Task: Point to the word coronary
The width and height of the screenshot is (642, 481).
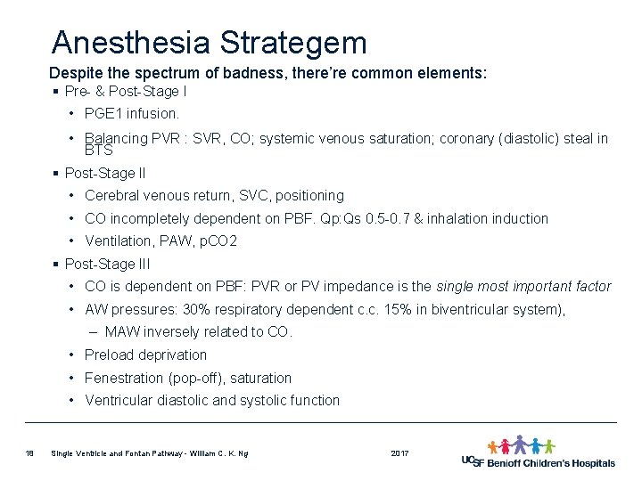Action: [469, 138]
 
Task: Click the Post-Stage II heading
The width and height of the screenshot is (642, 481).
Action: [107, 172]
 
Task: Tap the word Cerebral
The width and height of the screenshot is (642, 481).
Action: [111, 195]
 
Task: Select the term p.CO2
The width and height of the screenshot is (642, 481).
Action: [218, 241]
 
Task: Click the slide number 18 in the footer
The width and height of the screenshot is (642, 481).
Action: [29, 454]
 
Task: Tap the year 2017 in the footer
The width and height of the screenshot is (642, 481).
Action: [400, 454]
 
